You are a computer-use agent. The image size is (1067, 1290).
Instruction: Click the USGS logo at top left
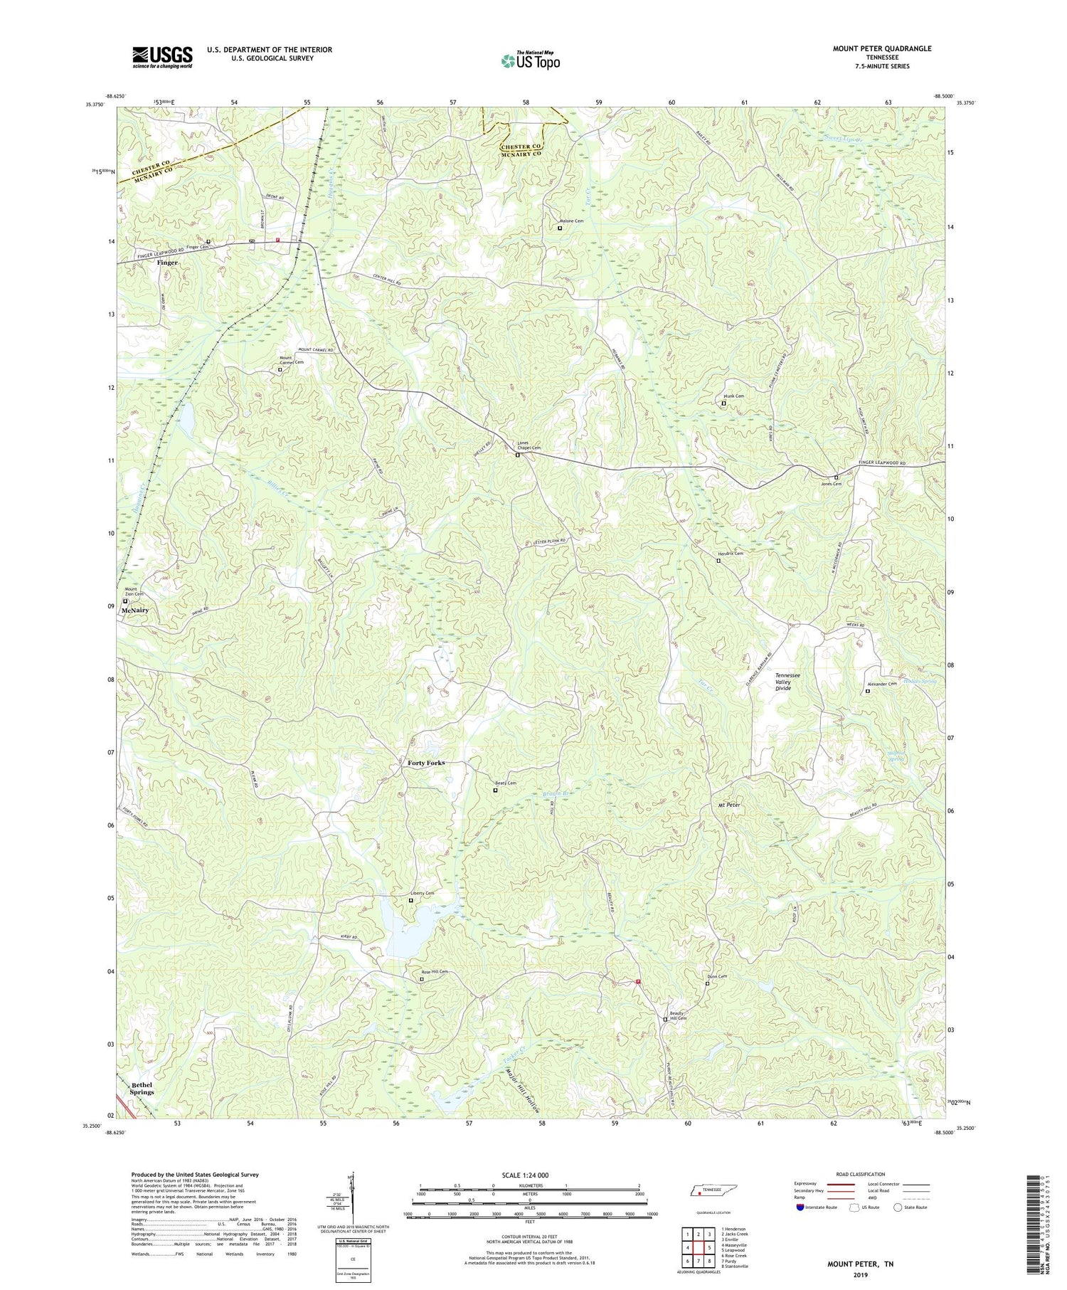pyautogui.click(x=162, y=57)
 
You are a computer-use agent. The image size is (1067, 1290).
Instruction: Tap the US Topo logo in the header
pyautogui.click(x=530, y=61)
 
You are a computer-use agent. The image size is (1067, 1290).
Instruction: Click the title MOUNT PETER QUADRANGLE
pyautogui.click(x=881, y=48)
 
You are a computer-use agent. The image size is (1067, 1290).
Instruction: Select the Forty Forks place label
pyautogui.click(x=426, y=763)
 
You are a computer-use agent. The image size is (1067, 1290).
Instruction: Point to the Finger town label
pyautogui.click(x=168, y=263)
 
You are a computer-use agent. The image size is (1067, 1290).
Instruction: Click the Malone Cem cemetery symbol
pyautogui.click(x=559, y=228)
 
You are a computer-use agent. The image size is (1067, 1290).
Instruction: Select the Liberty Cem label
pyautogui.click(x=422, y=893)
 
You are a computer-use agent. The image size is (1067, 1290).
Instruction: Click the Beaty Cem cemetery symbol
pyautogui.click(x=496, y=790)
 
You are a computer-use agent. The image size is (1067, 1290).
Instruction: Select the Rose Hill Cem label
pyautogui.click(x=435, y=972)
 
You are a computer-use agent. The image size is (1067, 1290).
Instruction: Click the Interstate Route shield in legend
pyautogui.click(x=800, y=1207)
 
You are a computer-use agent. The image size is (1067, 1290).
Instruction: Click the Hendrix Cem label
pyautogui.click(x=730, y=554)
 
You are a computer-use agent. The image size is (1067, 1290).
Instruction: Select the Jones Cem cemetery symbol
pyautogui.click(x=836, y=477)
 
